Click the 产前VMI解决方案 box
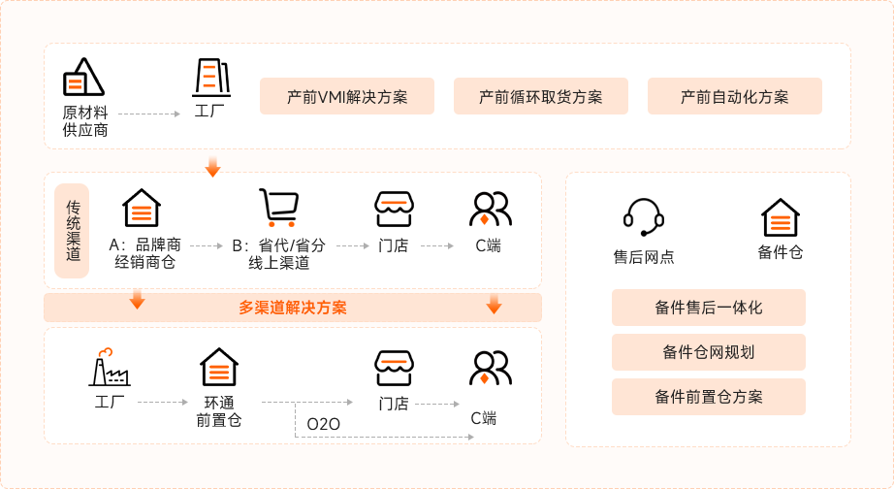(x=347, y=97)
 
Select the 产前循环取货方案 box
(x=541, y=97)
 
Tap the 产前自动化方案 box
(x=735, y=97)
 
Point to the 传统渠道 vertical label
(x=73, y=231)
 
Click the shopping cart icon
(x=277, y=208)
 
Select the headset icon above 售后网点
(x=643, y=217)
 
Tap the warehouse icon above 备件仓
(x=780, y=217)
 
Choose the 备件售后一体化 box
(x=709, y=308)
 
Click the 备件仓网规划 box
(x=709, y=352)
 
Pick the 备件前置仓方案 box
(x=709, y=397)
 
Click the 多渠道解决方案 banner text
(x=293, y=308)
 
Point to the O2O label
(x=323, y=424)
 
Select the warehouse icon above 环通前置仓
(x=219, y=367)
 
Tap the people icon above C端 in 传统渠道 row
(x=490, y=209)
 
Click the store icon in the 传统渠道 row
(x=394, y=209)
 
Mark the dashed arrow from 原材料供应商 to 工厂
(x=149, y=114)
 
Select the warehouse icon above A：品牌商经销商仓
(x=142, y=208)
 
